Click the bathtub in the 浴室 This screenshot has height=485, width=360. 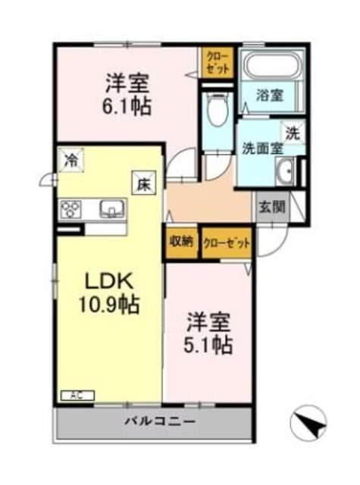(x=271, y=65)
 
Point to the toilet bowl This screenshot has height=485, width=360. (x=217, y=109)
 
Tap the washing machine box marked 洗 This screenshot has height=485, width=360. (x=293, y=133)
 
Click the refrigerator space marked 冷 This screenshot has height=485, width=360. (x=71, y=160)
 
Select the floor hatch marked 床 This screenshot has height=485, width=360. (x=144, y=185)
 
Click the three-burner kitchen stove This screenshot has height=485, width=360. (x=71, y=209)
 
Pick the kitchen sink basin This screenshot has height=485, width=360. (x=112, y=208)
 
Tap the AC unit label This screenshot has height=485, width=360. (x=77, y=396)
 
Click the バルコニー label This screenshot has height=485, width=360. (x=160, y=421)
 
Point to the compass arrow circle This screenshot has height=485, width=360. (x=308, y=423)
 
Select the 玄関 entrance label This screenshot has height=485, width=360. (x=271, y=207)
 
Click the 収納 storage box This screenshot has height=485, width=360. (x=182, y=243)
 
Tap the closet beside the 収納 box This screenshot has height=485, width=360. (x=226, y=243)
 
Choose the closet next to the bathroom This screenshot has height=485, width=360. (x=217, y=62)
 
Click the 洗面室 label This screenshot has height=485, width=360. (x=262, y=149)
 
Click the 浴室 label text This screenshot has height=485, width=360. (x=269, y=95)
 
